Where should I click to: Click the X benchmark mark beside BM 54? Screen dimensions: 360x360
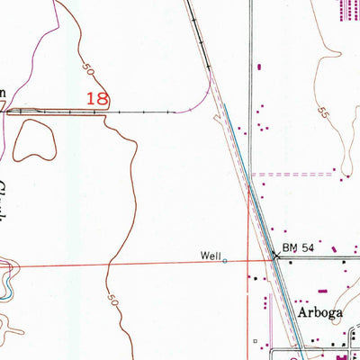click(276, 256)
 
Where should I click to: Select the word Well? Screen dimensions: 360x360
click(210, 256)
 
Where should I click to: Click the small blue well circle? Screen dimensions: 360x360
click(225, 261)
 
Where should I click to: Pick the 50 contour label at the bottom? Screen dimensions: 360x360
click(112, 298)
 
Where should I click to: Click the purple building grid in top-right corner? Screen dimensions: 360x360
click(346, 11)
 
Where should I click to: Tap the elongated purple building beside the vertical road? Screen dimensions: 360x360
click(260, 66)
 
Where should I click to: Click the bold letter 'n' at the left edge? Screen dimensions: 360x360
click(3, 92)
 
